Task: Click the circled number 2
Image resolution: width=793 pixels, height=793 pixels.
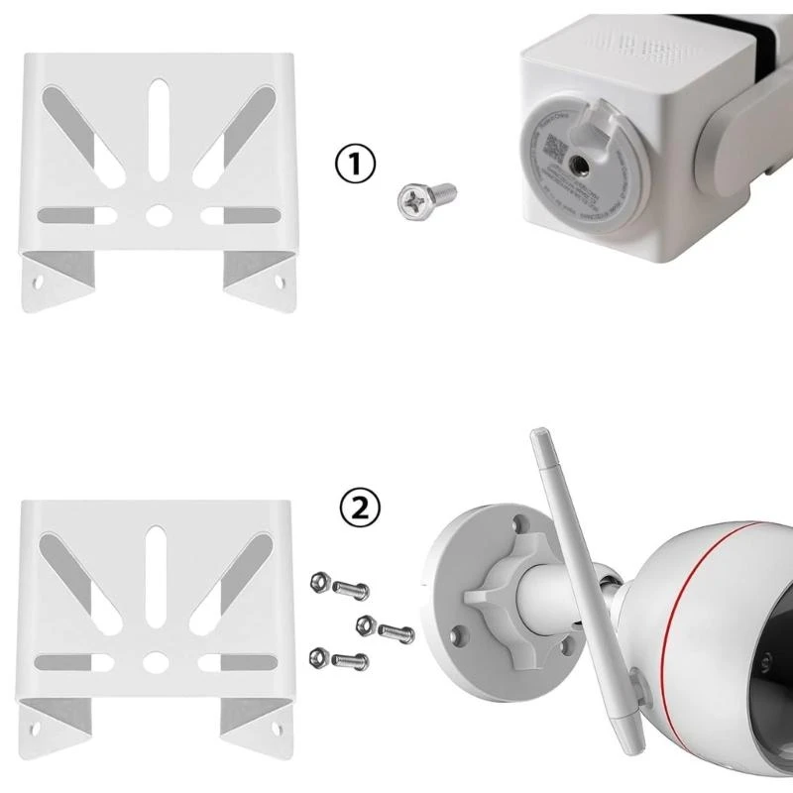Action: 358,509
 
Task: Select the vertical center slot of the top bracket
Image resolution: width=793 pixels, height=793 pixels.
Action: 157,134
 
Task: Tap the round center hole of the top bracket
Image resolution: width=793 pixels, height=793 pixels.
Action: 157,213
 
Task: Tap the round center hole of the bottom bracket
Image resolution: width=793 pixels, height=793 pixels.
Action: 157,658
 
